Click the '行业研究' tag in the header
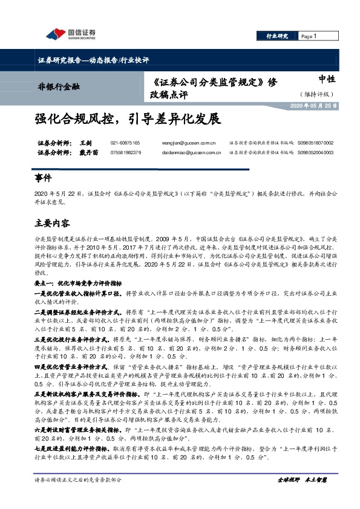(x=277, y=37)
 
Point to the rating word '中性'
(x=326, y=79)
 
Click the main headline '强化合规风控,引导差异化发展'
(x=124, y=118)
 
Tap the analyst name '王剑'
(x=85, y=143)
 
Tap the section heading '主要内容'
(x=51, y=223)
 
